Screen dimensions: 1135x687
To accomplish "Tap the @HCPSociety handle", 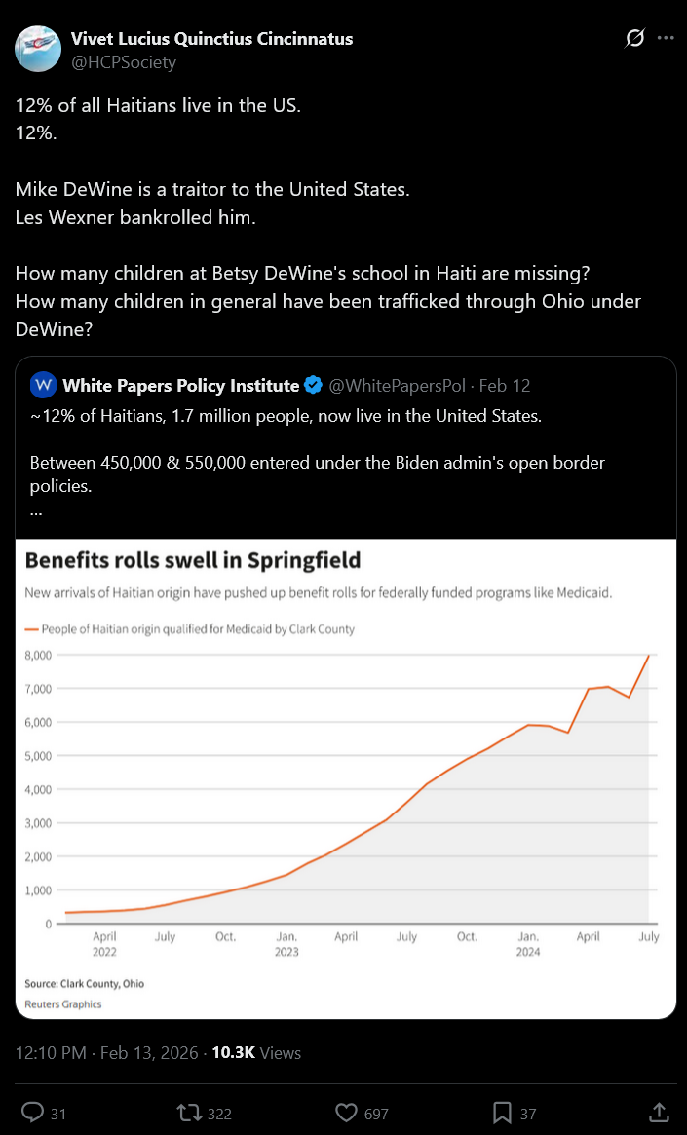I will tap(124, 62).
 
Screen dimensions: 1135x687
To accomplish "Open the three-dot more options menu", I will tap(666, 38).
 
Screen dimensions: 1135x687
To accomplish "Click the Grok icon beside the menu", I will tap(634, 38).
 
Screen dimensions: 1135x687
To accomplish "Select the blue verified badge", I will tap(313, 386).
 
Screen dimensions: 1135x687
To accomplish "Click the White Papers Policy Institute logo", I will tap(44, 386).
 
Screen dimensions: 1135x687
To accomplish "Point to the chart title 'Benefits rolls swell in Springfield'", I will tap(193, 560).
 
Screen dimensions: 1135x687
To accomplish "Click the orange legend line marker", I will tap(31, 629).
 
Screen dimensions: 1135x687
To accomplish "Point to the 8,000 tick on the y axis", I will tap(38, 656).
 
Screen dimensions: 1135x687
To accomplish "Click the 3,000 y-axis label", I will tap(38, 823).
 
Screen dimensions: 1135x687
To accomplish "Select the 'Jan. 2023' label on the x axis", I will tap(286, 944).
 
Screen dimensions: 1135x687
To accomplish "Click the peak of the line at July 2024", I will tap(649, 656).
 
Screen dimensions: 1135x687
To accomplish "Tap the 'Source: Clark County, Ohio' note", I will tap(85, 984).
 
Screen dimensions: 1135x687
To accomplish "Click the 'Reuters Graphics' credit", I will tap(63, 1003).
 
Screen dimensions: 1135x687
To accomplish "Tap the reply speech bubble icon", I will tap(32, 1113).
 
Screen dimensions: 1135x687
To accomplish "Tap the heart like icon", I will tap(345, 1113).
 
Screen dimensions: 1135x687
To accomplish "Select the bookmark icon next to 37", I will tap(502, 1113).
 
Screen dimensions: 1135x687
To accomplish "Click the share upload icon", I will tap(659, 1113).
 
